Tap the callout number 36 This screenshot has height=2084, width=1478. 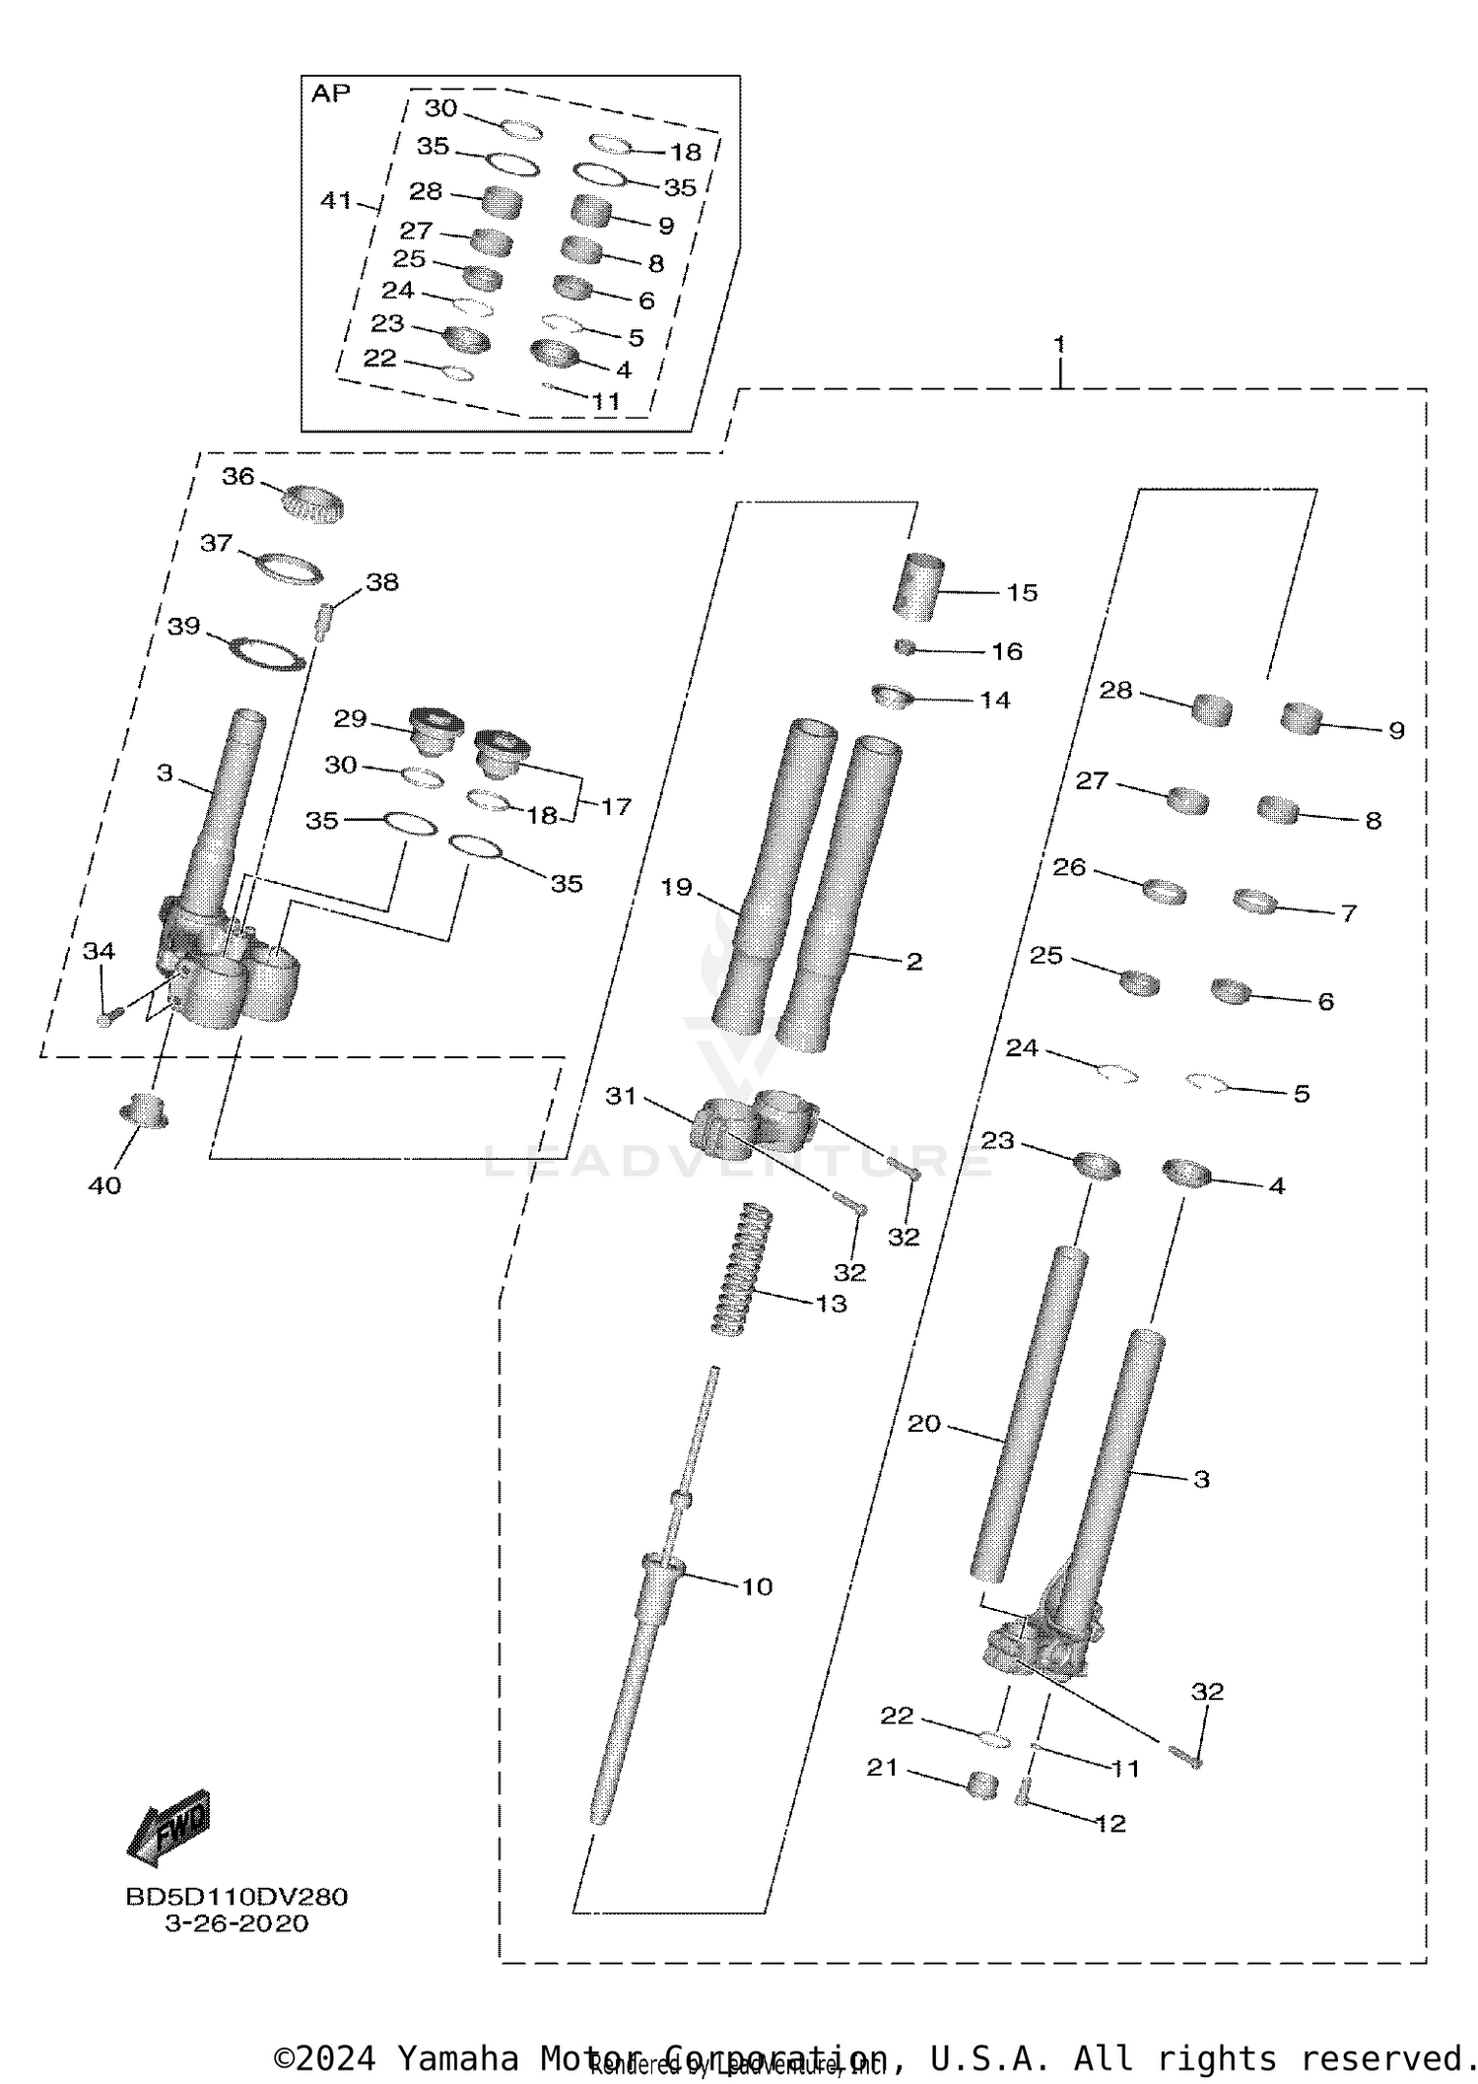coord(237,477)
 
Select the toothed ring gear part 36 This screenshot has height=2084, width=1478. coord(311,504)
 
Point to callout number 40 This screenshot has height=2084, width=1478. coord(104,1185)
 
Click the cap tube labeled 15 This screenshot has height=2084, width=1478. coord(919,587)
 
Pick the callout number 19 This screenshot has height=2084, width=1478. coord(676,887)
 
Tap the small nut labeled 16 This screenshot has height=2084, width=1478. coord(906,647)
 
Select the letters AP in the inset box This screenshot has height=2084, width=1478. coord(330,94)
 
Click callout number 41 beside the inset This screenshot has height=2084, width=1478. coord(336,200)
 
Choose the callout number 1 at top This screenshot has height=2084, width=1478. coord(1059,344)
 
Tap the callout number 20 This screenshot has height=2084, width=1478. coord(923,1424)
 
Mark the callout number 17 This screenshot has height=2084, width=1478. coord(616,807)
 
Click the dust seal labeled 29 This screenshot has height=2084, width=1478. coord(436,727)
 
